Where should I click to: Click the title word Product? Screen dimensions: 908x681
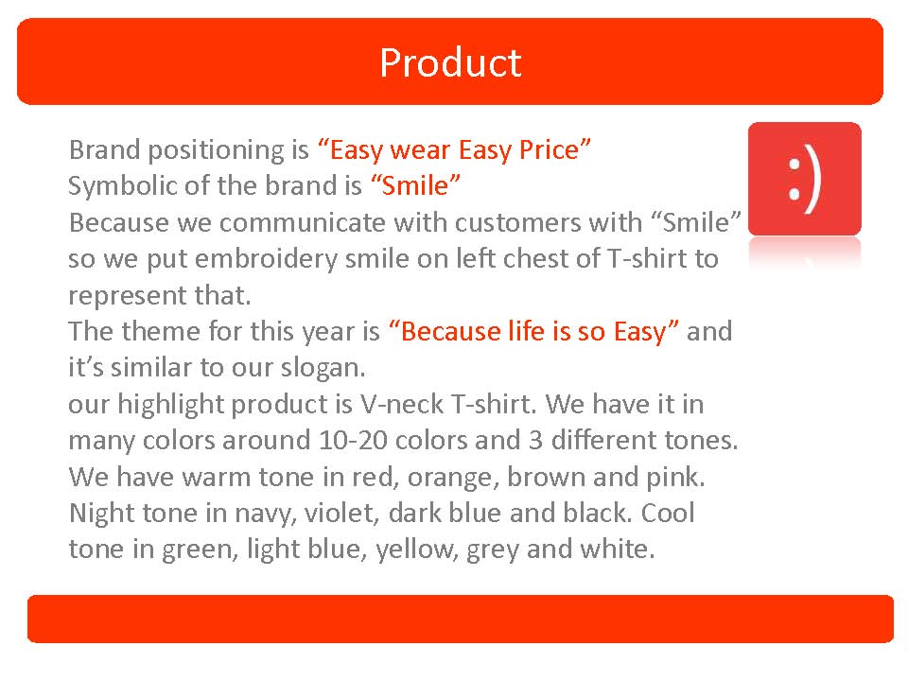[x=450, y=62]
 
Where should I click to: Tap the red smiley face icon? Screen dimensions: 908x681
[x=804, y=179]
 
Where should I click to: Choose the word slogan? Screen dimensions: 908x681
[x=323, y=369]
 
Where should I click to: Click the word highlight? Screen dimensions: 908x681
[x=170, y=405]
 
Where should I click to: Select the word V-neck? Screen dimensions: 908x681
[x=402, y=404]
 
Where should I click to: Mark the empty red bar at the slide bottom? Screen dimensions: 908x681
[x=461, y=619]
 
